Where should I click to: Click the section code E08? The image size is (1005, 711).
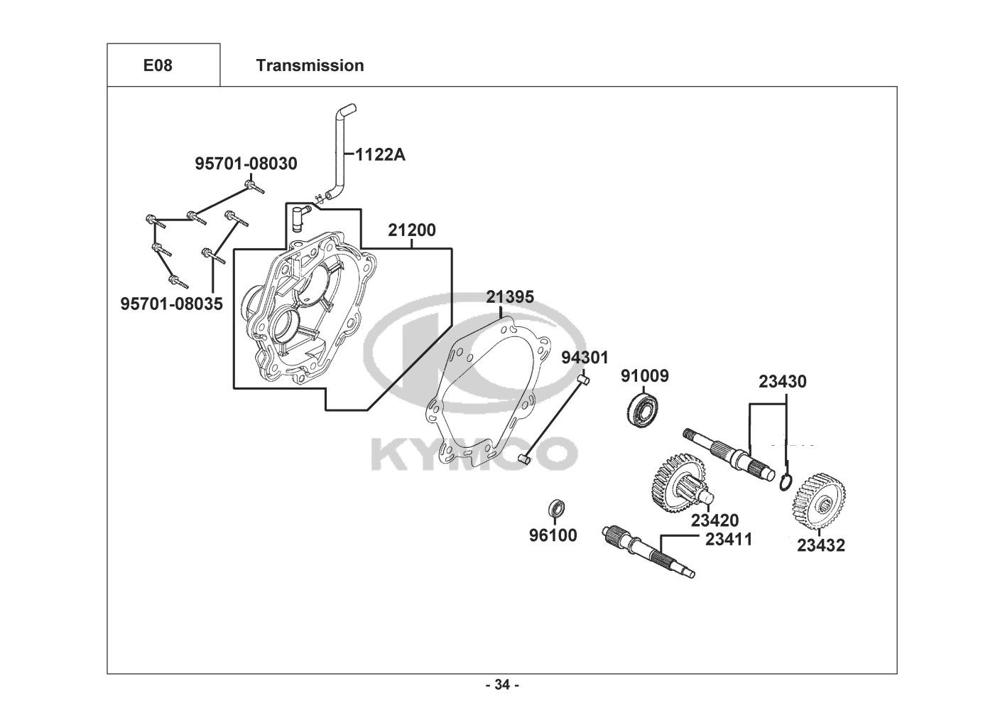coord(158,65)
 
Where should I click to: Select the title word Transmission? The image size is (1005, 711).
coord(310,65)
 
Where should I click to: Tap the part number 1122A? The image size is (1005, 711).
coord(381,155)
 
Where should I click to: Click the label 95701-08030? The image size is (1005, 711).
coord(246,164)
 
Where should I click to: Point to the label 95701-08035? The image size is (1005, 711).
coord(171,304)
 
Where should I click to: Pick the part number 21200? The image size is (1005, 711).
coord(412,230)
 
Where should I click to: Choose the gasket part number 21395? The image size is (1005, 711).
coord(510,297)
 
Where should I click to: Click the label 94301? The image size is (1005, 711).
coord(585,358)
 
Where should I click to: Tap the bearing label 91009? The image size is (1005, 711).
coord(645,376)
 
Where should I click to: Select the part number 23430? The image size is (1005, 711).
coord(783,382)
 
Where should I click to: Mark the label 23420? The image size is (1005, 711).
coord(715,520)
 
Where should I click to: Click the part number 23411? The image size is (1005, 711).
coord(729,540)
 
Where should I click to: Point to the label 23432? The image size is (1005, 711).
coord(821,545)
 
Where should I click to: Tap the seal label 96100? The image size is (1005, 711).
coord(553,535)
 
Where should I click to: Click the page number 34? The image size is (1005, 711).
coord(503,685)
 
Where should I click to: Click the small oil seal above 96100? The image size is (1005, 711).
coord(557,508)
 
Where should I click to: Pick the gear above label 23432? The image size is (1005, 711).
coord(820,501)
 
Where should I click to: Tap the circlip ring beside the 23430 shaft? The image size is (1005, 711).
coord(786,482)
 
